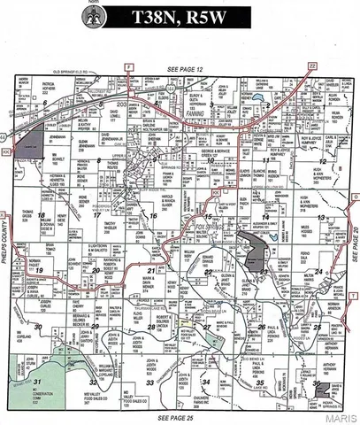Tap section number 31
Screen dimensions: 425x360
click(x=37, y=382)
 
